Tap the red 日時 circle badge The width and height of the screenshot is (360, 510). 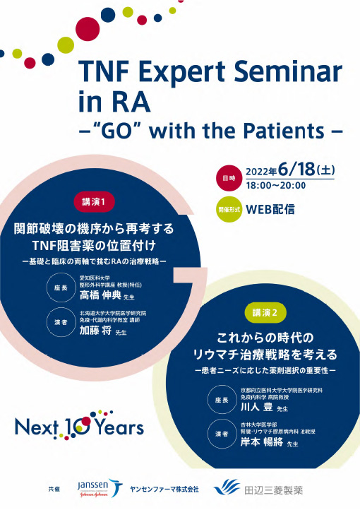point(229,177)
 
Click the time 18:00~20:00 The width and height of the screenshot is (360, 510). point(275,186)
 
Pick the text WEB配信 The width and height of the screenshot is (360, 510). point(270,209)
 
